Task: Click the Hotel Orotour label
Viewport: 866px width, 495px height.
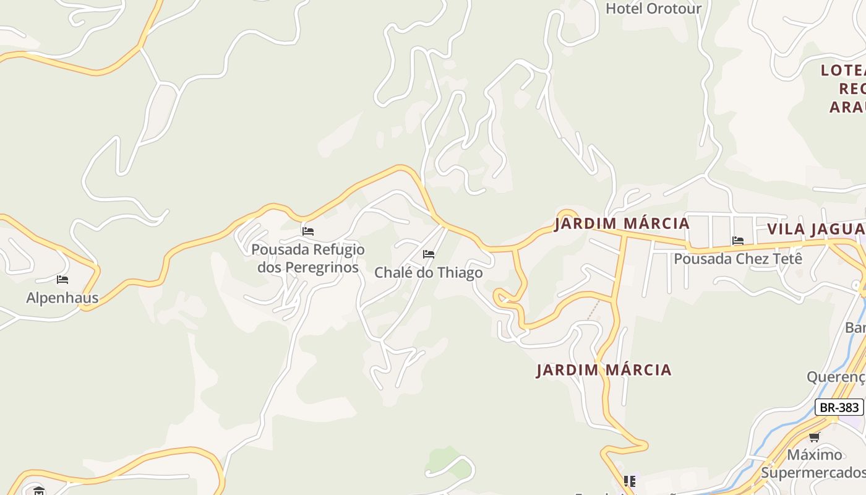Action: (x=653, y=9)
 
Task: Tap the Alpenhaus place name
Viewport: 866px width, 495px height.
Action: (x=62, y=298)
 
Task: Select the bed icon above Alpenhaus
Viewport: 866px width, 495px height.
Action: (x=62, y=280)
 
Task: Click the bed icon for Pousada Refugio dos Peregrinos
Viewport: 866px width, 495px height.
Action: (x=307, y=231)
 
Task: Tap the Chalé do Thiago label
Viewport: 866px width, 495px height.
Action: (x=428, y=273)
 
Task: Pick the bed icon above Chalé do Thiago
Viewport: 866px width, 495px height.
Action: (x=428, y=254)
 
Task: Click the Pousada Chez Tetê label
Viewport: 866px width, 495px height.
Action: (x=737, y=259)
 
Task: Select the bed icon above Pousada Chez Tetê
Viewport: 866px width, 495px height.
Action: (x=737, y=241)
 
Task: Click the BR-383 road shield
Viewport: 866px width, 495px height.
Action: (x=839, y=407)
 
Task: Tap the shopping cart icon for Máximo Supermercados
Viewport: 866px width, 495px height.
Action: (x=814, y=437)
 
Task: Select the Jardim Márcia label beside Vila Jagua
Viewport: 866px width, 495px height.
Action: (x=622, y=223)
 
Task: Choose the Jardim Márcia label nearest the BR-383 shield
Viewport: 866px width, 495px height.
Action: (x=604, y=370)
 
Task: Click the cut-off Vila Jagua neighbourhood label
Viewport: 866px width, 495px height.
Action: (x=815, y=229)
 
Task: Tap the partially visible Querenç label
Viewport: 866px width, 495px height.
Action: (x=836, y=377)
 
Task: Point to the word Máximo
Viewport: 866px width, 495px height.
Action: (x=814, y=455)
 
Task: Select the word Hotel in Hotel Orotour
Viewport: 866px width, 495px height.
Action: (x=624, y=9)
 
